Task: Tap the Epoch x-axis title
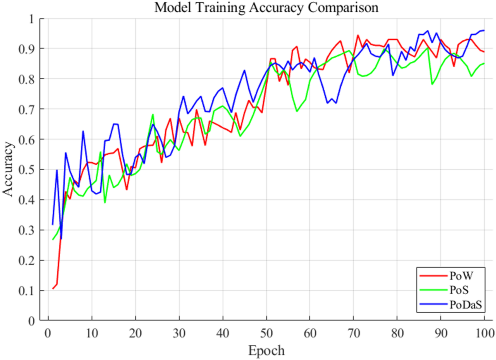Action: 266,351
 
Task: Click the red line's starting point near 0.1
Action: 53,288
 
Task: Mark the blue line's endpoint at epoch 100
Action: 484,31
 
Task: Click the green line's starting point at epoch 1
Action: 53,239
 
